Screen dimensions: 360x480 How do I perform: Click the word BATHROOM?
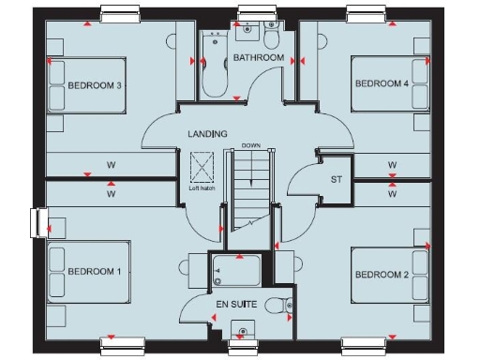(259, 58)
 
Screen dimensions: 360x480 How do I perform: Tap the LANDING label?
(207, 134)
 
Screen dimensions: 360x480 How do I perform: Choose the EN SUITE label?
(235, 305)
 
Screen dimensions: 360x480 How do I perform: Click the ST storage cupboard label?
(335, 179)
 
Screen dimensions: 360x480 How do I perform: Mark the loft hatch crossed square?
(202, 171)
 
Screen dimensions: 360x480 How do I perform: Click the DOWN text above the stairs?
(250, 146)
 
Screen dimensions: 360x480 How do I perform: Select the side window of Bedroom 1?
(40, 222)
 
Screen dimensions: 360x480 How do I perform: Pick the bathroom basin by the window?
(247, 30)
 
